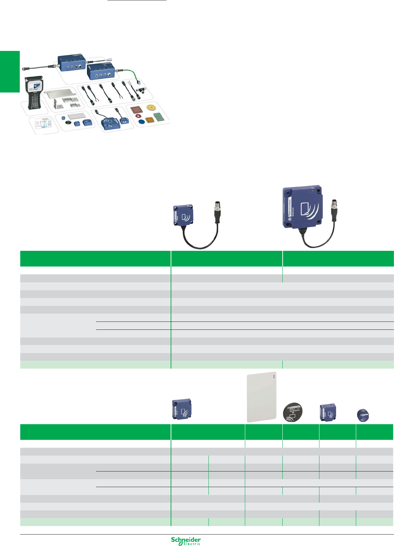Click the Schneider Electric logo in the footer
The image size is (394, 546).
pos(186,541)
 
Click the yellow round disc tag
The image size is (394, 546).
pos(151,108)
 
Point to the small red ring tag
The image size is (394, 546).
pos(138,116)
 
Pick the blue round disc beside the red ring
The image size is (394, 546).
pos(141,122)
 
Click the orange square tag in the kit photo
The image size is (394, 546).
pos(149,120)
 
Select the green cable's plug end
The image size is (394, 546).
pos(137,82)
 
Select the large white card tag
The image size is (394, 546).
pos(262,397)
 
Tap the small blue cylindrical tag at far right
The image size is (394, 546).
pos(363,415)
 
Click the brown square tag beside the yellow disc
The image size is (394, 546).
pos(136,110)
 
